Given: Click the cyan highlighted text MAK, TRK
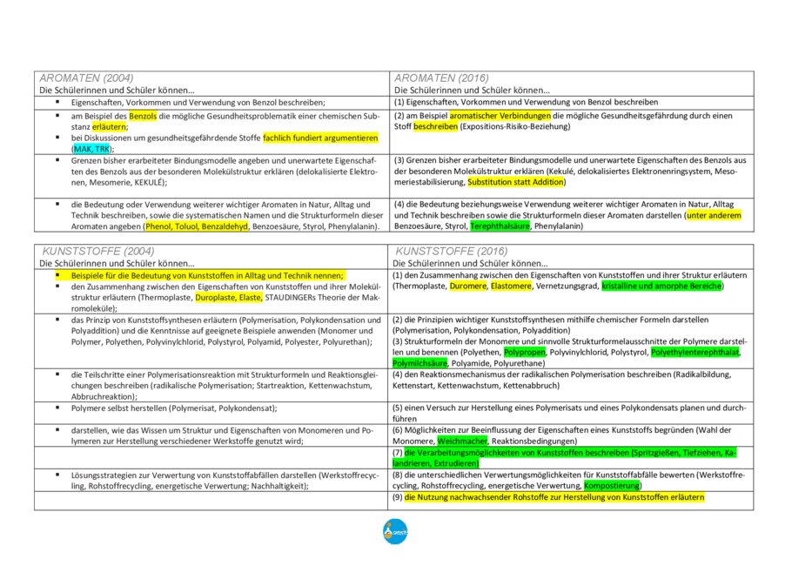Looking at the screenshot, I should [91, 149].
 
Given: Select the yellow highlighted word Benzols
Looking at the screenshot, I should [142, 116].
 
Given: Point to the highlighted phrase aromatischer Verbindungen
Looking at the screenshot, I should [500, 116].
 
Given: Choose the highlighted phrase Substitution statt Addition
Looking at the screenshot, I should [515, 182].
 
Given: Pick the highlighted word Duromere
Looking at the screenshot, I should [468, 286].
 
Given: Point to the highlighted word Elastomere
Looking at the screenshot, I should [511, 286].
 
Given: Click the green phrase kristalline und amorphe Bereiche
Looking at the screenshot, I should [661, 286].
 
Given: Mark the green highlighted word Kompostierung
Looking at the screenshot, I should [614, 485].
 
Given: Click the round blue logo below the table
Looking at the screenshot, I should [395, 531].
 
